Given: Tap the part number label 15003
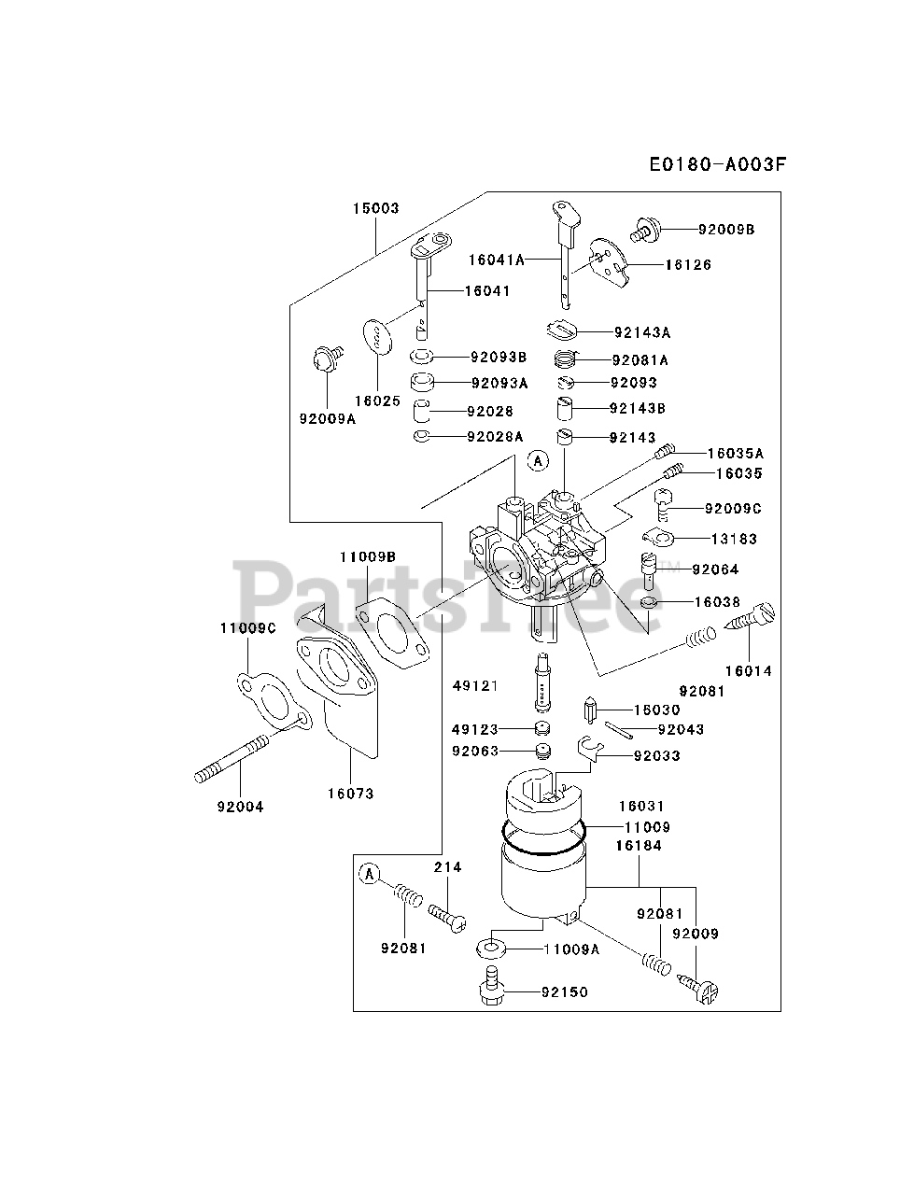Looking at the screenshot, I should [x=375, y=208].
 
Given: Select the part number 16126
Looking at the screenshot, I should [x=688, y=265].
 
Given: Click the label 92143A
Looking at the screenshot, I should [x=642, y=332].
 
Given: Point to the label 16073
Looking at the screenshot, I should [x=350, y=794].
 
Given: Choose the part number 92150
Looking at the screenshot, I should [x=565, y=992].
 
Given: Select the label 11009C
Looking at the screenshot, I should [x=248, y=628].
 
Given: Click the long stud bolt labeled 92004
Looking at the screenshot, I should [x=234, y=756].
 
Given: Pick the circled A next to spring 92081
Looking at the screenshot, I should [x=370, y=874].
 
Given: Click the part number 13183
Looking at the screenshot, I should [x=734, y=539].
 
